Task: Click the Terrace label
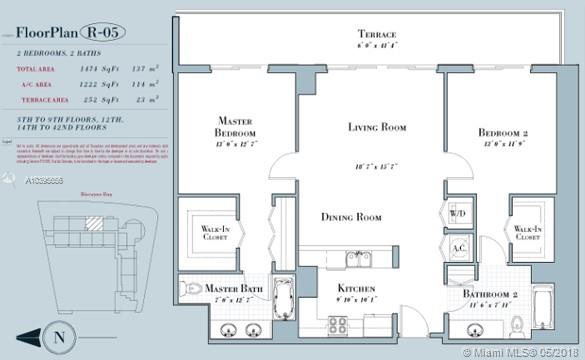coord(376,34)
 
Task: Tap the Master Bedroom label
coord(236,127)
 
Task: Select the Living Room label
coord(376,127)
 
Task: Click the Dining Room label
coord(351,217)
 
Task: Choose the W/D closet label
coord(458,214)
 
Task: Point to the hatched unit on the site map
coord(92,226)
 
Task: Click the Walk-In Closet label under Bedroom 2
coord(527,232)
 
